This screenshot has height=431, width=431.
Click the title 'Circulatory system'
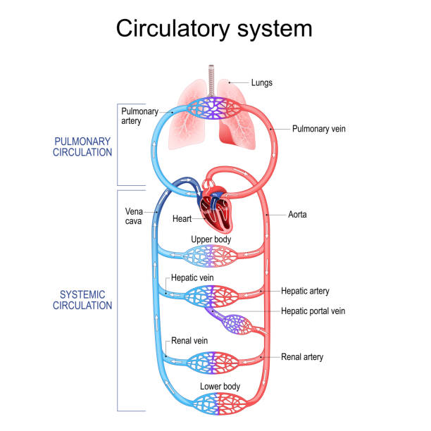coord(214,28)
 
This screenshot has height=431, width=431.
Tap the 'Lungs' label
coord(262,82)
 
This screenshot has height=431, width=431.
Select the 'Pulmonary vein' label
coord(319,129)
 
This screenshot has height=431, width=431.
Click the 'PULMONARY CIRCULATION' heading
coord(83,146)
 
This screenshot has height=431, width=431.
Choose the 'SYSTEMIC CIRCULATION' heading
coord(83,300)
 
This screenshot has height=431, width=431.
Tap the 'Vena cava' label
coord(135,216)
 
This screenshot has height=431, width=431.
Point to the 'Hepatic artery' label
coord(305,291)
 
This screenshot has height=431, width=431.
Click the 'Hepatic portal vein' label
coord(313,311)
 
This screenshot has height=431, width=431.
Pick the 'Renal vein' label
coord(187,340)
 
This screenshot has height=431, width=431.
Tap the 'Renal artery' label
coord(302,357)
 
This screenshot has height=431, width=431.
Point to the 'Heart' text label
coord(182,219)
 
